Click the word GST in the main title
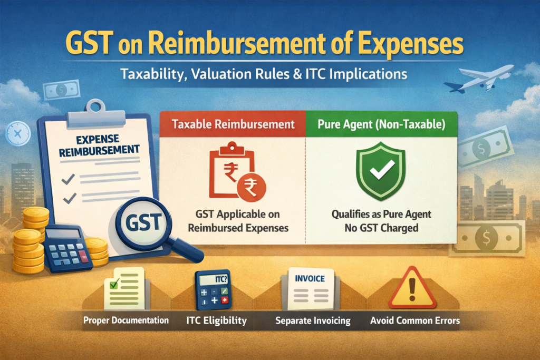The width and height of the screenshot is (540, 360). pyautogui.click(x=90, y=43)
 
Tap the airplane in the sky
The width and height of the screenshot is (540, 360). pyautogui.click(x=479, y=79)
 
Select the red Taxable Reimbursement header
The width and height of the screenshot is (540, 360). pyautogui.click(x=233, y=124)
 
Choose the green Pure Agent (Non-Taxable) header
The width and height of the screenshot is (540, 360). pyautogui.click(x=382, y=124)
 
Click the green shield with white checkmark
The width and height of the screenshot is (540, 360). pyautogui.click(x=381, y=171)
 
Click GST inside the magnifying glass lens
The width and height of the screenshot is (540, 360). pyautogui.click(x=143, y=222)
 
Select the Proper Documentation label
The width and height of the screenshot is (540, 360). pyautogui.click(x=126, y=320)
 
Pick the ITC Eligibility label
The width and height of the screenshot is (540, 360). pyautogui.click(x=217, y=321)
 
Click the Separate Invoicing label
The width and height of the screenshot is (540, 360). pyautogui.click(x=313, y=321)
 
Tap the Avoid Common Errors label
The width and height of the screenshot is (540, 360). pyautogui.click(x=415, y=321)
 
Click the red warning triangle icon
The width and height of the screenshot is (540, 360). pyautogui.click(x=412, y=288)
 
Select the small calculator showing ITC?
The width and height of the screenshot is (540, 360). pyautogui.click(x=213, y=290)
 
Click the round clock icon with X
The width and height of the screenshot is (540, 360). pyautogui.click(x=18, y=133)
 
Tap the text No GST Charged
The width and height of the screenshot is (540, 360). pyautogui.click(x=382, y=228)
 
